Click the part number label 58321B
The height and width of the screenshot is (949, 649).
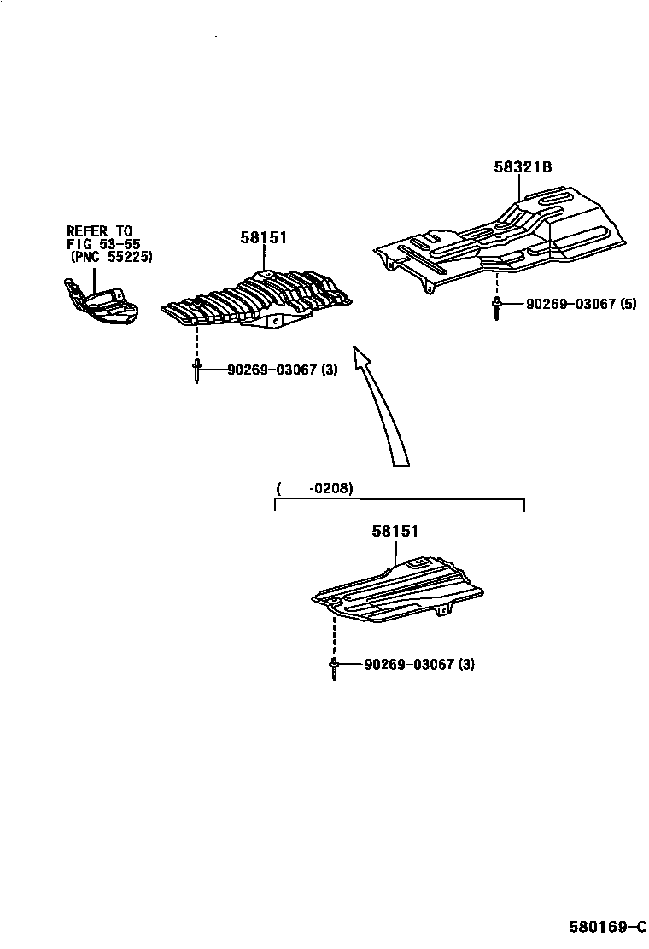point(522,167)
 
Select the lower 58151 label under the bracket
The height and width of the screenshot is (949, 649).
point(395,531)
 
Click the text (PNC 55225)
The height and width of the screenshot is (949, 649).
point(111,257)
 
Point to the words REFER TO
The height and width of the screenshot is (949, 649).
point(101,230)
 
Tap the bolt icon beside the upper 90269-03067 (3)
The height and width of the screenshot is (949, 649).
point(197,371)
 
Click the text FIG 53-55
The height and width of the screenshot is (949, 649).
point(103,244)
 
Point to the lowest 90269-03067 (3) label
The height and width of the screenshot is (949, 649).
point(418,664)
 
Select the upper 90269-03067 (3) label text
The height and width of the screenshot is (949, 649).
point(282,370)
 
